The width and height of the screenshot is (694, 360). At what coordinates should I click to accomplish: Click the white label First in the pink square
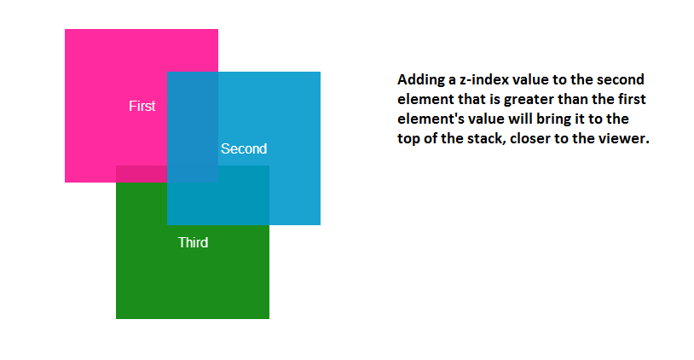pos(142,106)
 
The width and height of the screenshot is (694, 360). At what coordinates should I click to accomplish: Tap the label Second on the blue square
pos(244,148)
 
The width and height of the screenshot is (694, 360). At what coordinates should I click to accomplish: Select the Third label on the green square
pos(193,242)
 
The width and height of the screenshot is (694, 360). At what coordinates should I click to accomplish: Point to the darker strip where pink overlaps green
pos(142,173)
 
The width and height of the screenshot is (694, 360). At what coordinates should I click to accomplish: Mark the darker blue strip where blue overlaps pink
pos(193,126)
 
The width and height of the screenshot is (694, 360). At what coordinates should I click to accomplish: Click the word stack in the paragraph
pos(487,138)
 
